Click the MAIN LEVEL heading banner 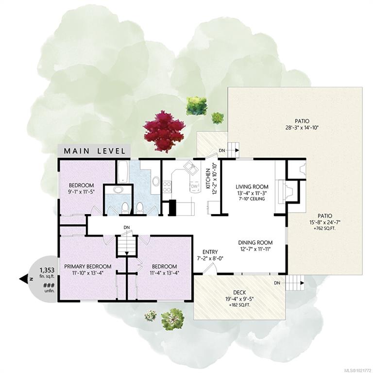[94, 151]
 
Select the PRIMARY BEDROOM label [88, 267]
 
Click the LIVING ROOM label [252, 186]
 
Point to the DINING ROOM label [255, 243]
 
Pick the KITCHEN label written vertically [208, 179]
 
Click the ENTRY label [210, 252]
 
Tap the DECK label [239, 292]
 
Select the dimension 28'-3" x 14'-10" [302, 128]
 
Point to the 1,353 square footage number [47, 270]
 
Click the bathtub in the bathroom [123, 171]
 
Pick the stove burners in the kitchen [167, 186]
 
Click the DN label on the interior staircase [127, 227]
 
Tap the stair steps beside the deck [295, 283]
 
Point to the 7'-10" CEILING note [252, 199]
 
